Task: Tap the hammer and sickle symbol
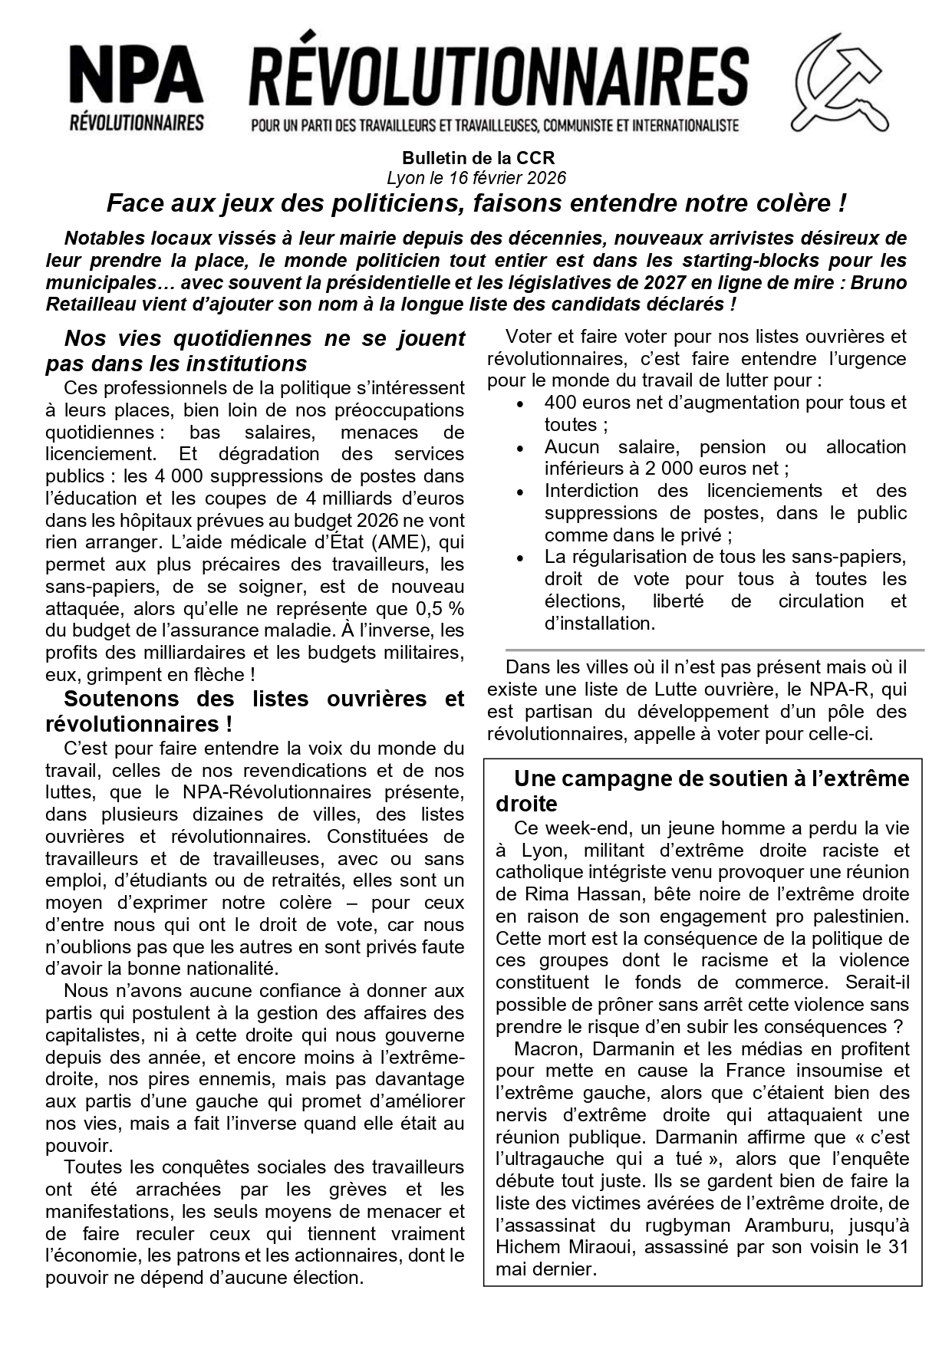point(840,83)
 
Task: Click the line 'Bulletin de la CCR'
point(477,158)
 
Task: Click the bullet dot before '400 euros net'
point(520,404)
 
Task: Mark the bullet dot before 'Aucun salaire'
point(520,449)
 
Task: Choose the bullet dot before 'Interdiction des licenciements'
point(520,492)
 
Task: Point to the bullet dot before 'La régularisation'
point(520,558)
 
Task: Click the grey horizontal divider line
point(714,650)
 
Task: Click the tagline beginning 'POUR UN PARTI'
point(495,124)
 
